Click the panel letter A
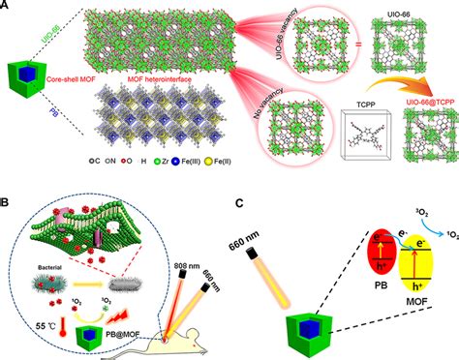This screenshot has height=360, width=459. tap(7, 7)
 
